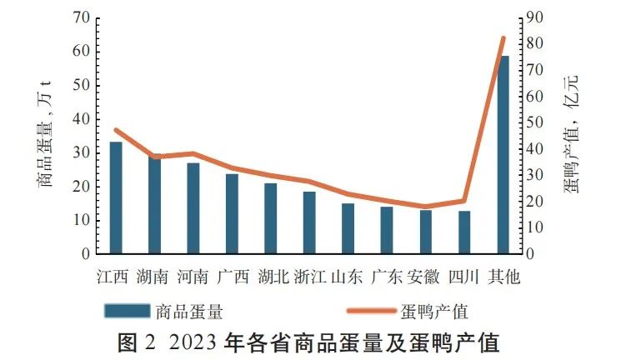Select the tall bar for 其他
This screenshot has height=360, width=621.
(503, 154)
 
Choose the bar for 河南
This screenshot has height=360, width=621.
(193, 207)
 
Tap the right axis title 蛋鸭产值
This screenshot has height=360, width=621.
(573, 133)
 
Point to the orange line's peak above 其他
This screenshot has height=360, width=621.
(503, 38)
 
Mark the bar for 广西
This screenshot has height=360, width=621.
(232, 213)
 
